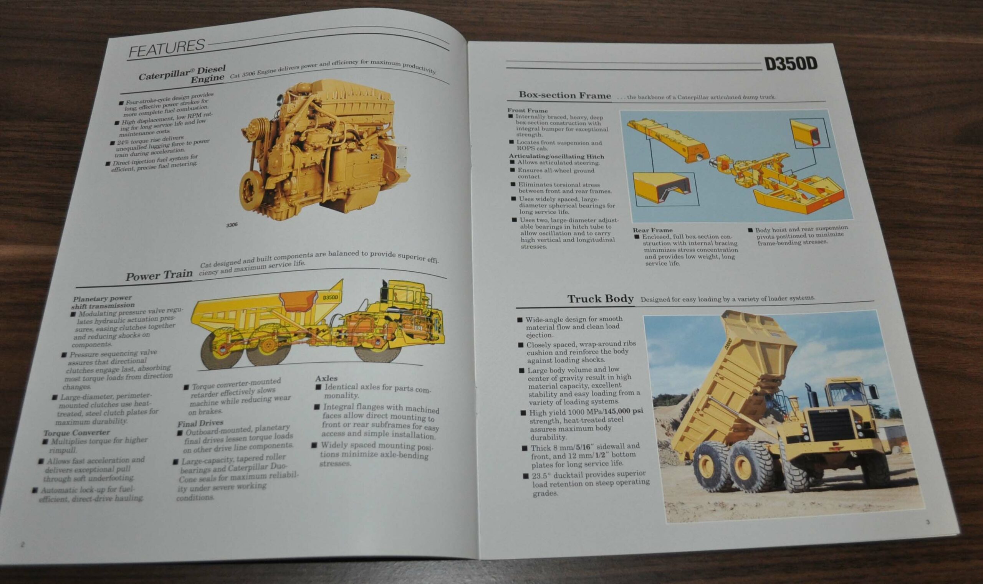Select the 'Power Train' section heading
point(159,276)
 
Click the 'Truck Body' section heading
point(600,299)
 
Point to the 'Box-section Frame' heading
point(565,95)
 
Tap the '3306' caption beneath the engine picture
point(232,225)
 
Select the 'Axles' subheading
point(326,378)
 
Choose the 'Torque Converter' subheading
point(76,432)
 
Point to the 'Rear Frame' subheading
point(652,230)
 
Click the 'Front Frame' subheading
point(527,111)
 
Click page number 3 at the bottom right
point(927,522)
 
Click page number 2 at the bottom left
point(22,544)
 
